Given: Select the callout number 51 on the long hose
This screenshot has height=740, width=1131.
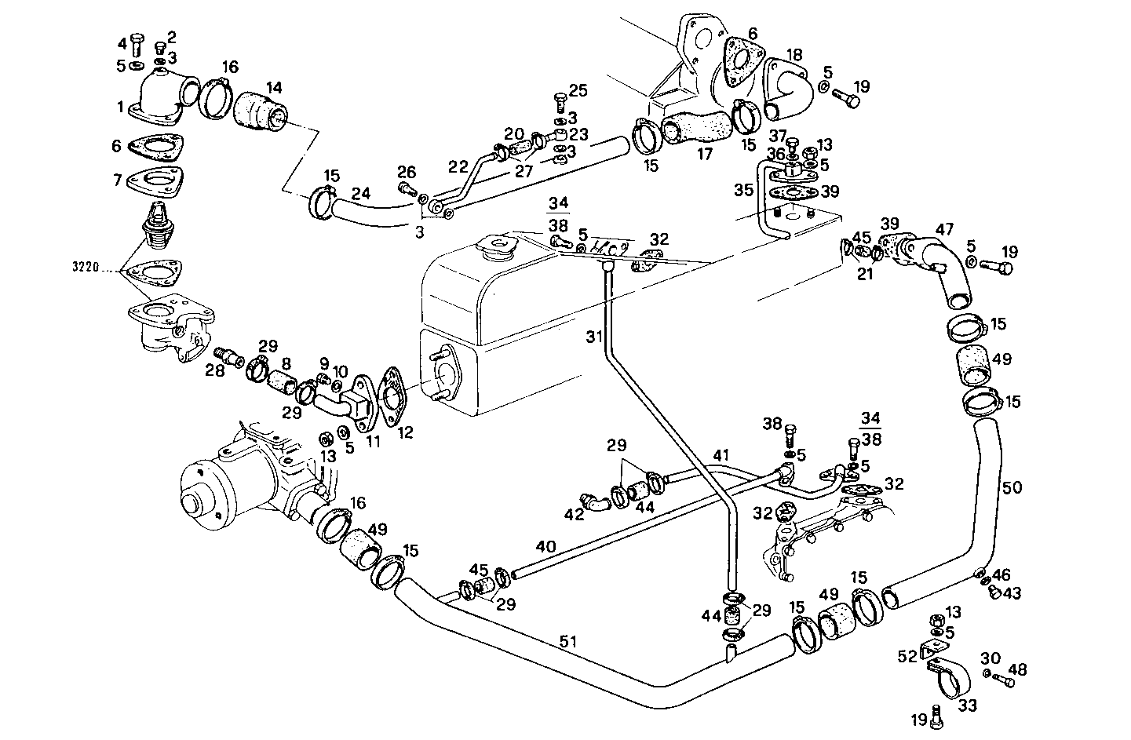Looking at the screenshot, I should coord(569,641).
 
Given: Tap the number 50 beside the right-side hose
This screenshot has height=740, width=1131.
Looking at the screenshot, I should coord(1012,487).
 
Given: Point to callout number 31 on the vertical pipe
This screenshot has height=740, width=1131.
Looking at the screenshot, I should coord(595,337).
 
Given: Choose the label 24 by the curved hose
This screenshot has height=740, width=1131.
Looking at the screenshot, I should coord(360,193).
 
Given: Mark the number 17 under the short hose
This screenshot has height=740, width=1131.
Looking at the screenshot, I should coord(705,155).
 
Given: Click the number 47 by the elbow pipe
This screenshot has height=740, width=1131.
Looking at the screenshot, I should coord(944,229).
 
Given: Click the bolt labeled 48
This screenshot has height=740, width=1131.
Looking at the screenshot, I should coord(1002,681).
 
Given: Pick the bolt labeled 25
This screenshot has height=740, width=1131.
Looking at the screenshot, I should coord(560,100).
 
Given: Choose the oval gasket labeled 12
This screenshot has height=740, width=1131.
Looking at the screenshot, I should coord(392,394).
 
